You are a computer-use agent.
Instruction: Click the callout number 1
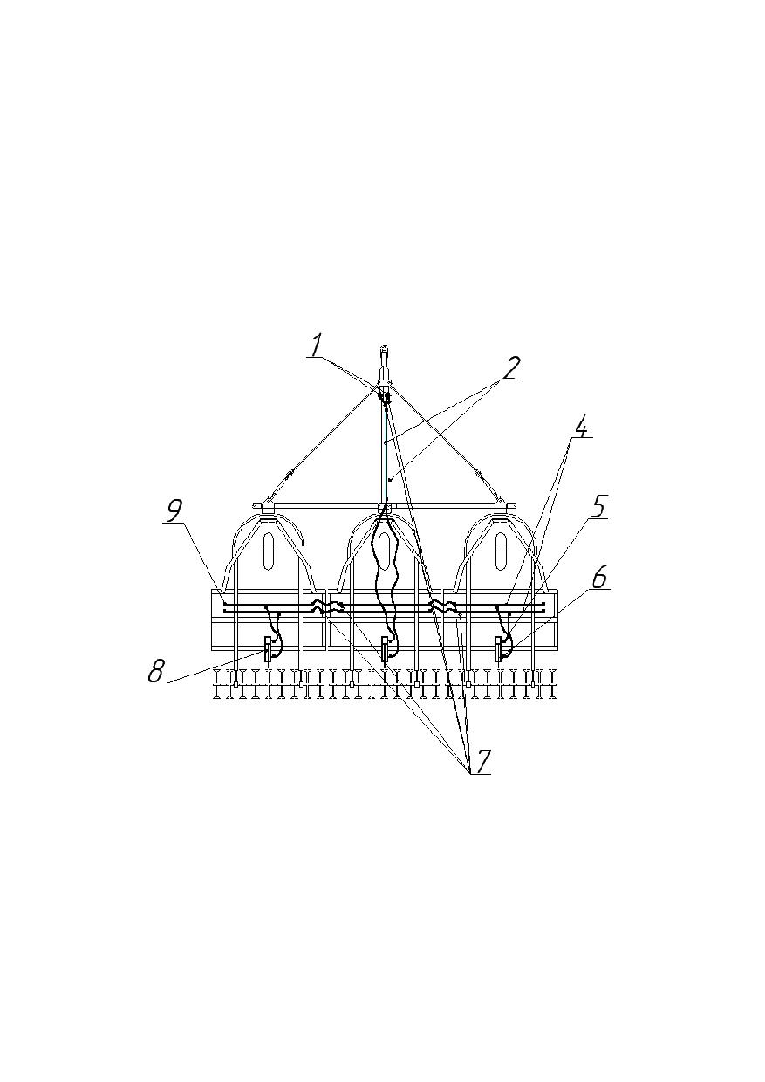pyautogui.click(x=316, y=346)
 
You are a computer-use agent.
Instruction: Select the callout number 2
pyautogui.click(x=510, y=369)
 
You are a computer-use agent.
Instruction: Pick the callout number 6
pyautogui.click(x=599, y=579)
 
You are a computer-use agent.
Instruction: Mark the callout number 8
pyautogui.click(x=155, y=671)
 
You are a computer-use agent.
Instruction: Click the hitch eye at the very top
pyautogui.click(x=384, y=346)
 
